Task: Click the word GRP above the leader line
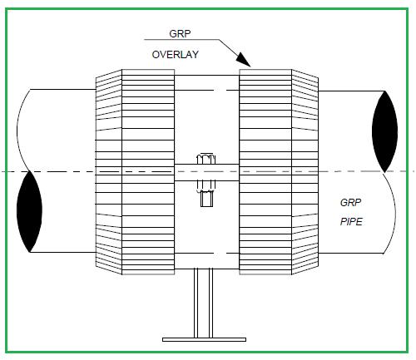(180, 34)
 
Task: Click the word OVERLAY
(176, 55)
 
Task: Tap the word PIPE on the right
(351, 222)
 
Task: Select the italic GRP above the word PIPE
(350, 203)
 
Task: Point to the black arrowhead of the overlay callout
(243, 60)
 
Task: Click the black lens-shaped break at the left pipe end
(29, 211)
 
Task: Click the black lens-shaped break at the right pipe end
(384, 131)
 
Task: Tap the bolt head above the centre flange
(206, 158)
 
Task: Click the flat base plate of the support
(204, 339)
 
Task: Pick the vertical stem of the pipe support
(203, 303)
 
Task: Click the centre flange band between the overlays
(206, 172)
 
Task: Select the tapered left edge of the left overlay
(109, 172)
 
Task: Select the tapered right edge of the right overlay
(305, 172)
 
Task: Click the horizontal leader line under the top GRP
(181, 39)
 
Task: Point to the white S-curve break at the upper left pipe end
(23, 131)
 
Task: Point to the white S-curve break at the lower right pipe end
(389, 213)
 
